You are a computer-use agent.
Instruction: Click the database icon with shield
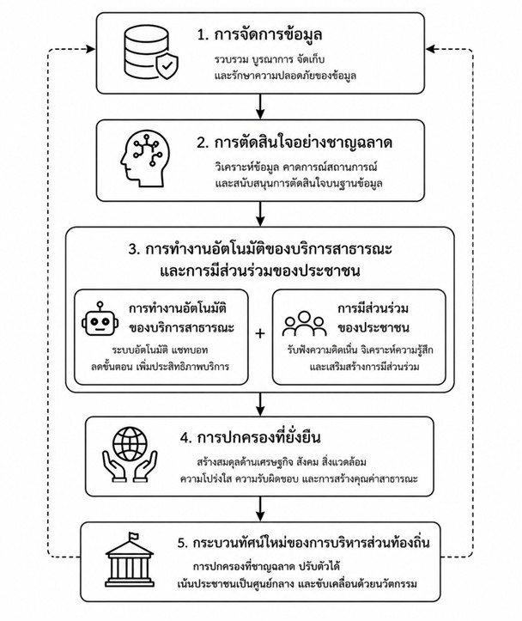(150, 53)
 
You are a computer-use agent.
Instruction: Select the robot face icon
(100, 319)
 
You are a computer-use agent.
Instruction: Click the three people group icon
(304, 324)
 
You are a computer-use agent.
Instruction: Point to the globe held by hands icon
(130, 454)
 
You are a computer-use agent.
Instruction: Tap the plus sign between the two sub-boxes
(260, 333)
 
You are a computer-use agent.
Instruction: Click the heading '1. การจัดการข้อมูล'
(259, 35)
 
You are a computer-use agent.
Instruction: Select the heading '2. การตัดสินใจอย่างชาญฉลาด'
(294, 143)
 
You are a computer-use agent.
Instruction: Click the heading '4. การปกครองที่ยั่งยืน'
(250, 437)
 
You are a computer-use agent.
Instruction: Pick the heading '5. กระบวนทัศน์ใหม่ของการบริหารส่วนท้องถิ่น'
(304, 543)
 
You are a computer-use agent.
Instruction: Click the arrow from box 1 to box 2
(260, 107)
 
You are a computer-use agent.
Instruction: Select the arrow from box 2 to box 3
(260, 214)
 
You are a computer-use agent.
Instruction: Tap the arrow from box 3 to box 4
(260, 405)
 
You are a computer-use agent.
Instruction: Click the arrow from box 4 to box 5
(260, 509)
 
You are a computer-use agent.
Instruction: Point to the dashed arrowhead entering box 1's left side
(91, 49)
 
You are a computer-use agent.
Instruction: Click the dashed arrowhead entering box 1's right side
(430, 49)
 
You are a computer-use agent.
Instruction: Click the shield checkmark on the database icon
(167, 66)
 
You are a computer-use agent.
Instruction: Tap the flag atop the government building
(134, 537)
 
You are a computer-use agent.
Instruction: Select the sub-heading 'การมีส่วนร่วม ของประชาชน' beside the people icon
(373, 318)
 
